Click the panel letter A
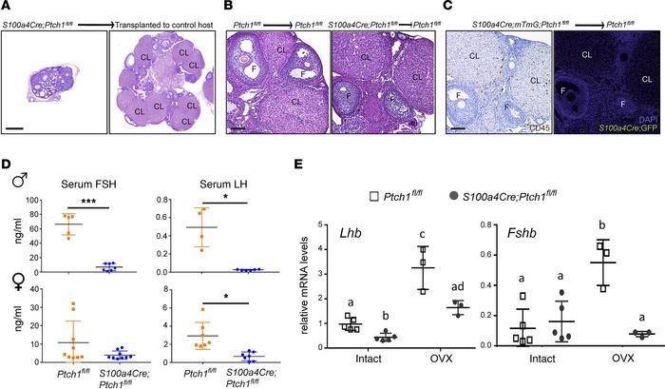(5, 6)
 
